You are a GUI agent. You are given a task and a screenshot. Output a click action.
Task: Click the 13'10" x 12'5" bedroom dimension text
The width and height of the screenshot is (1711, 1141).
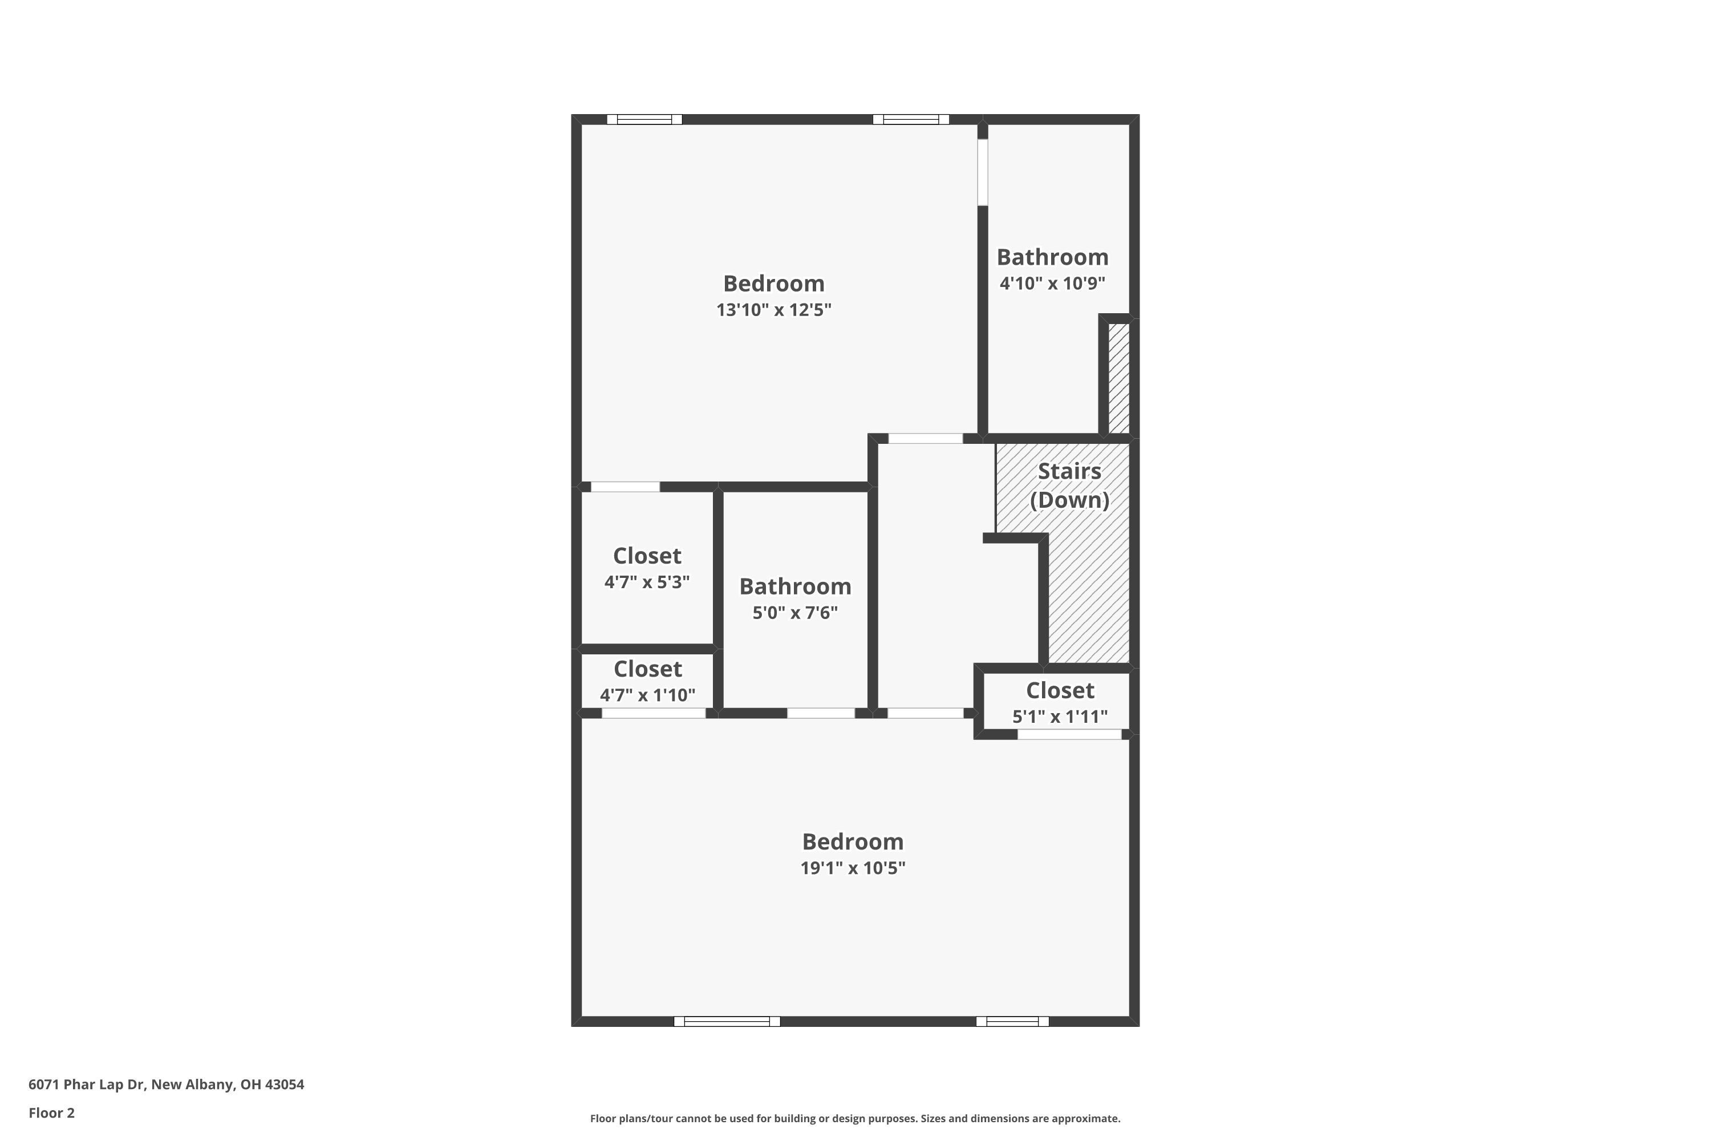point(773,310)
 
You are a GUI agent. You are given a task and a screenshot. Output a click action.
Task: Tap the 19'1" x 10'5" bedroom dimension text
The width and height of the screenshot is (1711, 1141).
point(853,868)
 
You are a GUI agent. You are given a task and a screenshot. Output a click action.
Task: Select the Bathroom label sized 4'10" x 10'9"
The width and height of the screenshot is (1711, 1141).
point(1052,258)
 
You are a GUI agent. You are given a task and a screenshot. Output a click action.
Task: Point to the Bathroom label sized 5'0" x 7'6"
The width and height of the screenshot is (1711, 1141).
point(795,586)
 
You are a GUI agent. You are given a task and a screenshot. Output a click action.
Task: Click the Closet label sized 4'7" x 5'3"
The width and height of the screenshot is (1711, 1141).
point(647,556)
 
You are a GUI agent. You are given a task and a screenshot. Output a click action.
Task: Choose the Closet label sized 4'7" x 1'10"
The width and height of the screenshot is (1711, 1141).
point(647,669)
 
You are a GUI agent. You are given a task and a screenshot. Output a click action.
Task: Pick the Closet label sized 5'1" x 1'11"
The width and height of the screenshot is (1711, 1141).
point(1060,690)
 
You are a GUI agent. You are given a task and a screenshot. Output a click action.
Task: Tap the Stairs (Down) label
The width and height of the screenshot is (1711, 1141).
point(1069,485)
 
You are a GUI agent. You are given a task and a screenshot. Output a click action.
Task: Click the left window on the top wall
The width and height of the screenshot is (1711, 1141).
point(644,119)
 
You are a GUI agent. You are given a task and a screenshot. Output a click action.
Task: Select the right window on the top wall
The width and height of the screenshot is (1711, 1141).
point(911,119)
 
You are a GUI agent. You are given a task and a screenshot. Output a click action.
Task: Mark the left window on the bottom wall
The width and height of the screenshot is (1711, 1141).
point(727,1022)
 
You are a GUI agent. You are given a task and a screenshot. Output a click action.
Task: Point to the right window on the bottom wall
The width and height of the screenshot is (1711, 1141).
point(1012,1022)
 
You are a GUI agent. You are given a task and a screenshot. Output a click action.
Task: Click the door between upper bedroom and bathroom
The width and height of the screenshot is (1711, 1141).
point(982,172)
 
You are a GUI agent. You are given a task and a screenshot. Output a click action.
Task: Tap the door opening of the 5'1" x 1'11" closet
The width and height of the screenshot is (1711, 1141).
point(1069,735)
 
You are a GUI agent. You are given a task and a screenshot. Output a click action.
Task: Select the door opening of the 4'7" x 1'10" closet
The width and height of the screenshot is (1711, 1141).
point(653,713)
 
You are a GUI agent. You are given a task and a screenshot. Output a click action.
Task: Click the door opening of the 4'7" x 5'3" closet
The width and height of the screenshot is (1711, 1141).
point(625,487)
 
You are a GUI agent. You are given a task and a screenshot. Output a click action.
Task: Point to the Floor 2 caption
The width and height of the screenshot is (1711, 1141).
point(52,1112)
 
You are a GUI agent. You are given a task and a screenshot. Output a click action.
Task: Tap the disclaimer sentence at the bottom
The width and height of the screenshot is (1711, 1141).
point(855,1118)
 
